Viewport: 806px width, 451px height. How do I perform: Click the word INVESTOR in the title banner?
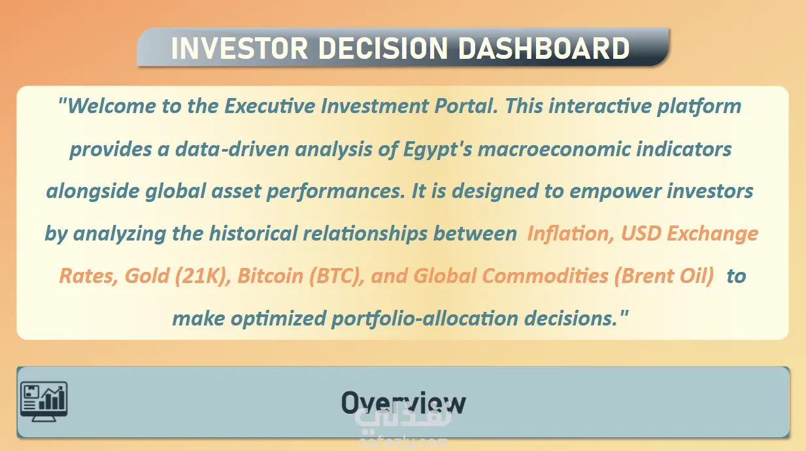239,48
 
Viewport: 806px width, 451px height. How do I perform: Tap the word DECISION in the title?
383,48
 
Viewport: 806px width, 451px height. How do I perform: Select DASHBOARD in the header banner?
544,48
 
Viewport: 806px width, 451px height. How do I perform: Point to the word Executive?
270,106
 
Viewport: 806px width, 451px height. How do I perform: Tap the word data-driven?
232,149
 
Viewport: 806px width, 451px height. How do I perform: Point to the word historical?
253,234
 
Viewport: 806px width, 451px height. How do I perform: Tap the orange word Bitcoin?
270,276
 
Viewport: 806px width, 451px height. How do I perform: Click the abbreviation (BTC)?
337,276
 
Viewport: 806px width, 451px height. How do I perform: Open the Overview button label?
403,403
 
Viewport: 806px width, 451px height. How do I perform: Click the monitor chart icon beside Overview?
44,401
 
